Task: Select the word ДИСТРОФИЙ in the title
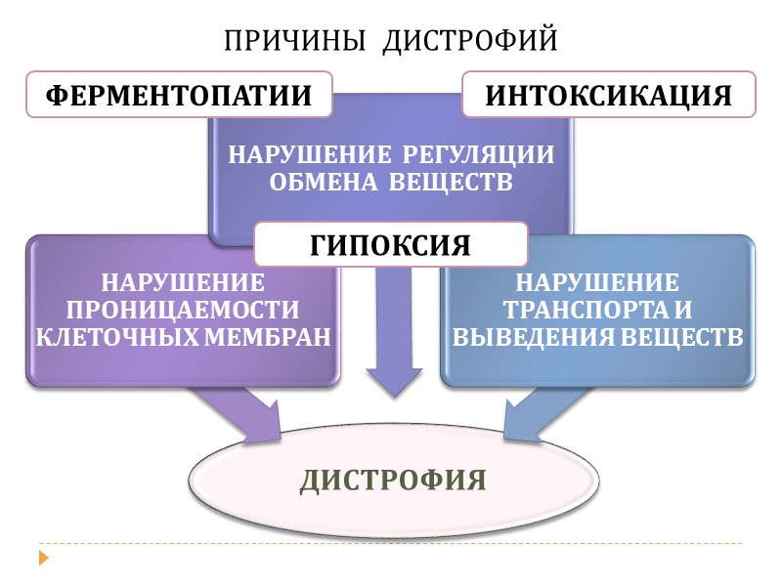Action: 469,41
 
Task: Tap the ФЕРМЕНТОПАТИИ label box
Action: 179,96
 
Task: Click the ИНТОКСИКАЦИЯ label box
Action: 609,96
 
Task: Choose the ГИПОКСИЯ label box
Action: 391,244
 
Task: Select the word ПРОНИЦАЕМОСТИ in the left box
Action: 182,311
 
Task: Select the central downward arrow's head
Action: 393,381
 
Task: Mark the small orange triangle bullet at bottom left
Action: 43,559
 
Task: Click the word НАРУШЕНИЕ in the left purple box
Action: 183,283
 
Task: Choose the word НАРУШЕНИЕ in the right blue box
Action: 597,283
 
